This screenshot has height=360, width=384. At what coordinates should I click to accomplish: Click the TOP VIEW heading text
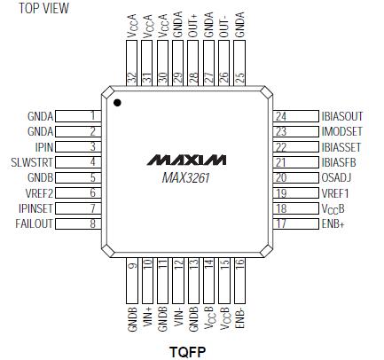click(36, 8)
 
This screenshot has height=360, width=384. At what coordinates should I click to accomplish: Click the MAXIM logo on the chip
click(185, 161)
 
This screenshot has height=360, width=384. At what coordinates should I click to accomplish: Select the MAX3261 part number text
click(185, 178)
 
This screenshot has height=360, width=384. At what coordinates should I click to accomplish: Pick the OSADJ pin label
click(339, 177)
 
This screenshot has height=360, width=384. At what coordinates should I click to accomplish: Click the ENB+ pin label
click(335, 223)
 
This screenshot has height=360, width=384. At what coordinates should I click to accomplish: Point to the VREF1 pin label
click(337, 192)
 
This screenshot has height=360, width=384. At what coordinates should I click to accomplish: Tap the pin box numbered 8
click(92, 223)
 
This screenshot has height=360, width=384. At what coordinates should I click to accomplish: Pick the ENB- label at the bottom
click(239, 318)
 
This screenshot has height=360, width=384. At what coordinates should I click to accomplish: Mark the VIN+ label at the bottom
click(146, 318)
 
